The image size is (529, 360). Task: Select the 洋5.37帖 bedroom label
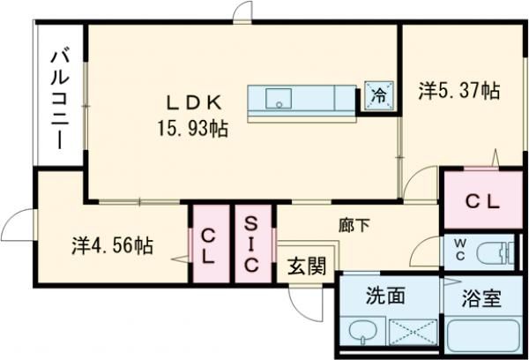tap(458, 90)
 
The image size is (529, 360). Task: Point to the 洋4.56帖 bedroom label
tap(112, 246)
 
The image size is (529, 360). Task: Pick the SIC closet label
tap(252, 243)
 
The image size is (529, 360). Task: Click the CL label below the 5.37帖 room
tap(482, 201)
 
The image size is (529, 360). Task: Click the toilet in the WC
tap(493, 251)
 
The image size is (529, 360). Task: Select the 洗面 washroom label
tap(384, 296)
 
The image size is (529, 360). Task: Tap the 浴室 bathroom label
tap(481, 297)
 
